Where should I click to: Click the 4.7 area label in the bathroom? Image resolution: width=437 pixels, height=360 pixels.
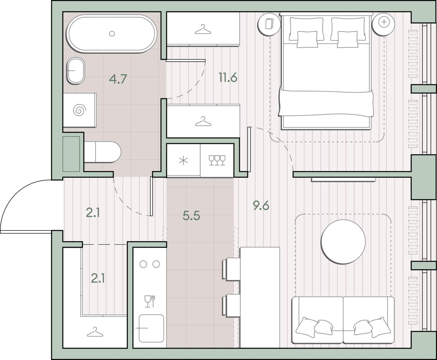[118, 79]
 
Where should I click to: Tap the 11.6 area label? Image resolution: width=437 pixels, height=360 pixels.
[228, 77]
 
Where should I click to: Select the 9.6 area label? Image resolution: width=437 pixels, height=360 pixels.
[261, 205]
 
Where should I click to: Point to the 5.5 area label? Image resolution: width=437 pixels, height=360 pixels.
[191, 216]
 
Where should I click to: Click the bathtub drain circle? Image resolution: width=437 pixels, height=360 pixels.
[112, 33]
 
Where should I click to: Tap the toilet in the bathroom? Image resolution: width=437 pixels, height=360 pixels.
[102, 152]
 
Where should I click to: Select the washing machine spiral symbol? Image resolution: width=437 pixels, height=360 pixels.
[80, 110]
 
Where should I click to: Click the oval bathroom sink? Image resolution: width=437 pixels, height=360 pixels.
[76, 71]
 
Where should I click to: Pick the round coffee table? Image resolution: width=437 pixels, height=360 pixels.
[343, 242]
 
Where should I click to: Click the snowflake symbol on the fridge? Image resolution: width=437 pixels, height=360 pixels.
[183, 161]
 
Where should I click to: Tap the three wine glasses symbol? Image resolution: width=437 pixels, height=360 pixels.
[217, 160]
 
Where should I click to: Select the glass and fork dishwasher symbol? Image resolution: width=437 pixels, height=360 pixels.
[150, 301]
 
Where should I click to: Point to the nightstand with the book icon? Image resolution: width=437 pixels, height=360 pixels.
[269, 25]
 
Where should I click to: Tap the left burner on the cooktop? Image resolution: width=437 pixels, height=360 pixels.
[143, 264]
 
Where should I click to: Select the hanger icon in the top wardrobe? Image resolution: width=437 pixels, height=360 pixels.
[203, 29]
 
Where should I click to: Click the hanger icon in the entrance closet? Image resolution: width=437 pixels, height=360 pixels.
[95, 332]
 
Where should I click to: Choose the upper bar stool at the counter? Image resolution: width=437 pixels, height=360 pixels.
[231, 269]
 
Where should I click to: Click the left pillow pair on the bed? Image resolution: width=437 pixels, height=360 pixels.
[307, 32]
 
